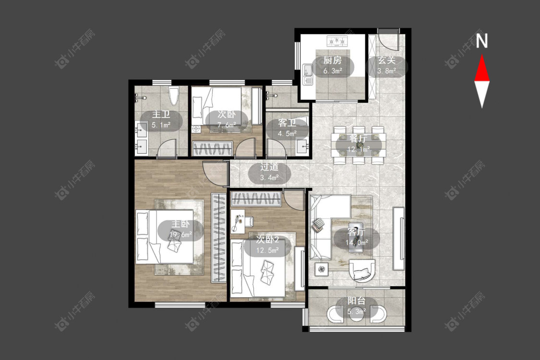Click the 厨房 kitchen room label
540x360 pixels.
(332, 60)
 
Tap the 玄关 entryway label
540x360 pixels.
(386, 60)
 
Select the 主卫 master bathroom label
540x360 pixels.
(161, 114)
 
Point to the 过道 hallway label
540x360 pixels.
(269, 167)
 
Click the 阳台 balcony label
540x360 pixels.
(356, 301)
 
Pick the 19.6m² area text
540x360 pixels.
(180, 235)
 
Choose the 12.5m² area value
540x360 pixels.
(267, 251)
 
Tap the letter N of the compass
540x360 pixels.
(482, 41)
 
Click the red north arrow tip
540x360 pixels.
(482, 55)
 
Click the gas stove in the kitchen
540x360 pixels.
(337, 41)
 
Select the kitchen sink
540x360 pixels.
(308, 74)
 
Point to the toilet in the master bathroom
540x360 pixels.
(174, 96)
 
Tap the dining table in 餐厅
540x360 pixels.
(358, 144)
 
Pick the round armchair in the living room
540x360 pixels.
(362, 270)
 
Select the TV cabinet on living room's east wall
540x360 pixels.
(399, 239)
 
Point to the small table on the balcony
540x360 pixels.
(357, 314)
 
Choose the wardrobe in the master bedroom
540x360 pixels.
(219, 238)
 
